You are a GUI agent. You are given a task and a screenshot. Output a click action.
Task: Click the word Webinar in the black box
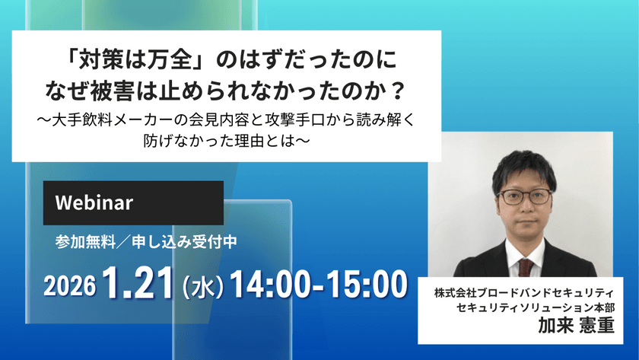95,203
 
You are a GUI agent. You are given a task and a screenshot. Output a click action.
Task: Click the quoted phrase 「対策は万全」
132,59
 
